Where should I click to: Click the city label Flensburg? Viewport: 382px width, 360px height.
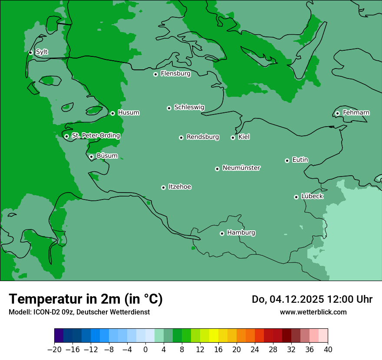point(175,74)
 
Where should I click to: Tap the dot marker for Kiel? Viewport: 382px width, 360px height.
point(233,137)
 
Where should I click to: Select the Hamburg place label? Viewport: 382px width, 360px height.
point(241,233)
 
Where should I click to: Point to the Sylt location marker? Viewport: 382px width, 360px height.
point(30,52)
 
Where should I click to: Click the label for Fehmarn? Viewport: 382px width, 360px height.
point(356,113)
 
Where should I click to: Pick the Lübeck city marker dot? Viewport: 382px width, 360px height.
point(296,197)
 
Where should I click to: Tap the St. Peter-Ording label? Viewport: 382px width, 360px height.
point(95,136)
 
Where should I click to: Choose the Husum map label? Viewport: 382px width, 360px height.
point(128,113)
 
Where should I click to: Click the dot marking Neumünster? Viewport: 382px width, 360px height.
point(217,169)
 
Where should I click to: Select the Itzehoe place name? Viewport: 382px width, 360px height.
point(180,187)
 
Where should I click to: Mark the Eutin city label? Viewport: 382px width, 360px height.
point(300,160)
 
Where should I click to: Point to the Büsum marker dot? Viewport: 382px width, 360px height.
point(91,157)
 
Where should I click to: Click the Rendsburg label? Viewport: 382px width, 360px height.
point(203,137)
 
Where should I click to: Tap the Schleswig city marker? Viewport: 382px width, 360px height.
point(169,108)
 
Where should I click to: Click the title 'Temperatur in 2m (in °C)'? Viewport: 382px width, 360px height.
point(86,299)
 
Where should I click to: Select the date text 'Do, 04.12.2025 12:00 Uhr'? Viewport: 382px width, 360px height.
point(312,299)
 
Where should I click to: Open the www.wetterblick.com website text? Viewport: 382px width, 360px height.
point(313,312)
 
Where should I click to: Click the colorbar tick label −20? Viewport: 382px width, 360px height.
point(54,350)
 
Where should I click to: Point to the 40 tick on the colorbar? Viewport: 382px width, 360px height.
point(328,350)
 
